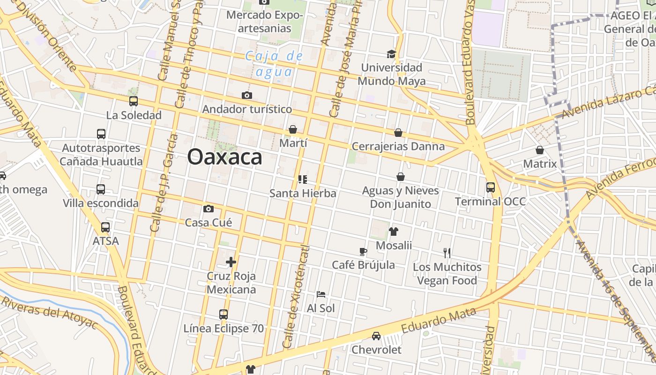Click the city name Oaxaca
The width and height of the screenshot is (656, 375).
click(224, 157)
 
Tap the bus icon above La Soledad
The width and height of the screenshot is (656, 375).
click(134, 101)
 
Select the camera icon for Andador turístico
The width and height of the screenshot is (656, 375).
click(247, 96)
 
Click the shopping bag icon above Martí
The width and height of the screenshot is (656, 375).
click(293, 129)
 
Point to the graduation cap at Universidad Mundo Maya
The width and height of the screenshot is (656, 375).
click(391, 54)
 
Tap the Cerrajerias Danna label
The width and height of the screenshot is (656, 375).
click(398, 146)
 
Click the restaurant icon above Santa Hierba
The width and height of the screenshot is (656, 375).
click(303, 180)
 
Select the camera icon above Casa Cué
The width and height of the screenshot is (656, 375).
click(209, 209)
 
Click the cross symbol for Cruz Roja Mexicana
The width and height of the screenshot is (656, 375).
click(231, 262)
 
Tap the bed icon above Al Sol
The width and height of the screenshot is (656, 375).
click(321, 294)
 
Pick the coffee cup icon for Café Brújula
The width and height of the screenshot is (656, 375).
click(363, 252)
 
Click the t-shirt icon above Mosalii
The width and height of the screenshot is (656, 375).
click(394, 232)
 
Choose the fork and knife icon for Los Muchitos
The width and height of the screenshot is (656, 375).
click(447, 253)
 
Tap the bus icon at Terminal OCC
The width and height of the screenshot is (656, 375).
click(491, 187)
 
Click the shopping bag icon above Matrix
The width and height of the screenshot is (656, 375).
click(540, 150)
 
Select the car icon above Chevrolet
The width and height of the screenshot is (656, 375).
click(376, 336)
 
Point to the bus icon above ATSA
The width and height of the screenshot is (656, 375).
click(105, 227)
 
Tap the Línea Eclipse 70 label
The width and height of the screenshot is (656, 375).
click(224, 329)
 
